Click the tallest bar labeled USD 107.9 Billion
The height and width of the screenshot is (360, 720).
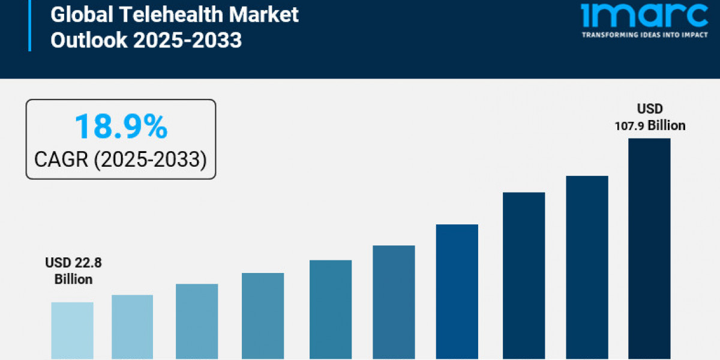coord(649,248)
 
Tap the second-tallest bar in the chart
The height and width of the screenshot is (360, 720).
coord(587,267)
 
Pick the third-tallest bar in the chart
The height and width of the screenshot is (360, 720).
coord(524,275)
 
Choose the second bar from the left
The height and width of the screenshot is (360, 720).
coord(132,327)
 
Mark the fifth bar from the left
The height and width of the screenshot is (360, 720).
coord(331,310)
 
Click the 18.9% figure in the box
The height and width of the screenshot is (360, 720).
coord(121,128)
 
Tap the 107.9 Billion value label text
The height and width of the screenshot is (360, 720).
coord(650,125)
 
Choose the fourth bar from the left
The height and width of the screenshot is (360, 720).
coord(263,316)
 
